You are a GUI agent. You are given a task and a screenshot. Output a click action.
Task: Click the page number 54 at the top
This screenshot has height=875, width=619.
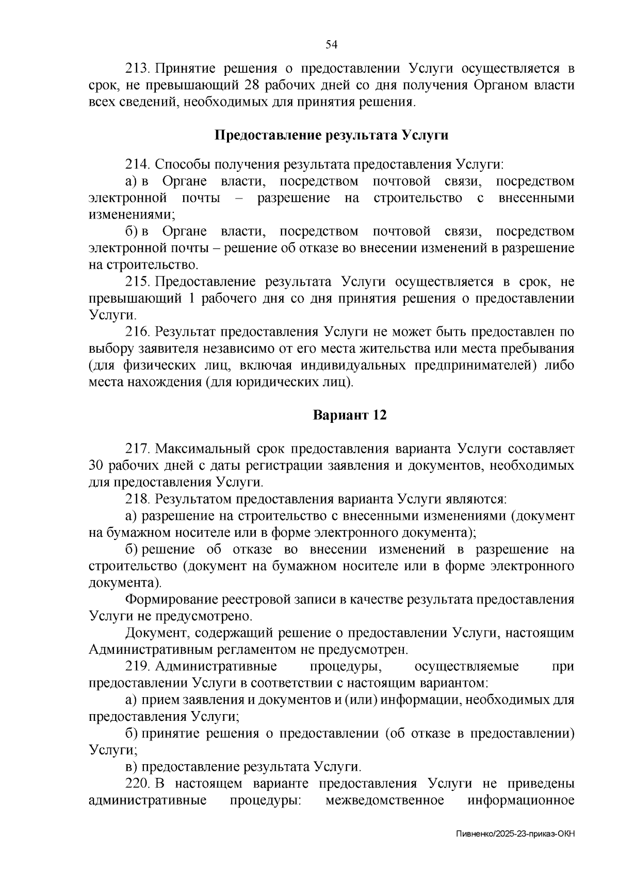(331, 45)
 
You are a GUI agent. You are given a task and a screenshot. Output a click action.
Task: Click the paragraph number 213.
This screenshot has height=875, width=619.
(137, 69)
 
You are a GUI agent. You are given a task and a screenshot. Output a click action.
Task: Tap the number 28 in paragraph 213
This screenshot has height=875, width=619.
(265, 86)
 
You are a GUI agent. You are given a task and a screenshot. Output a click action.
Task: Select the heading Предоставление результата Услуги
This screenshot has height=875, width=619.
(331, 136)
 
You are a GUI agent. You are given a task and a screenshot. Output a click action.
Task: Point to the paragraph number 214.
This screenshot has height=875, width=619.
(137, 165)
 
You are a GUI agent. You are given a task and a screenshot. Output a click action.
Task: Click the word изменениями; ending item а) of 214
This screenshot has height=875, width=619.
(132, 215)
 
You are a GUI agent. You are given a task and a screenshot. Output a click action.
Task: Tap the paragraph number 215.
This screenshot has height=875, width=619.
(137, 282)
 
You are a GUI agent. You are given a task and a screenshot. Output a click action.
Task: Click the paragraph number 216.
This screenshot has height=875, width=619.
(137, 332)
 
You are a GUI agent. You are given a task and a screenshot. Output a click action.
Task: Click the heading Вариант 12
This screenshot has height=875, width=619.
(350, 416)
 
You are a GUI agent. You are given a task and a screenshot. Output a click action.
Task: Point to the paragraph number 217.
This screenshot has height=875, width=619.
(137, 449)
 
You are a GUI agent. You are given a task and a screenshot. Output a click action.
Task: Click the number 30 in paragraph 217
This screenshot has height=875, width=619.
(97, 466)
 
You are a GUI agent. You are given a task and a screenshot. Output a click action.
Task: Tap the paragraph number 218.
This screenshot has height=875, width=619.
(137, 499)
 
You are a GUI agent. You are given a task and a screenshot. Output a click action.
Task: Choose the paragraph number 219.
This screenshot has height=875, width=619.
(137, 667)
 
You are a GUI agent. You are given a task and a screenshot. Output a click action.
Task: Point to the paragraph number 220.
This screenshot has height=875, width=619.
(137, 784)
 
